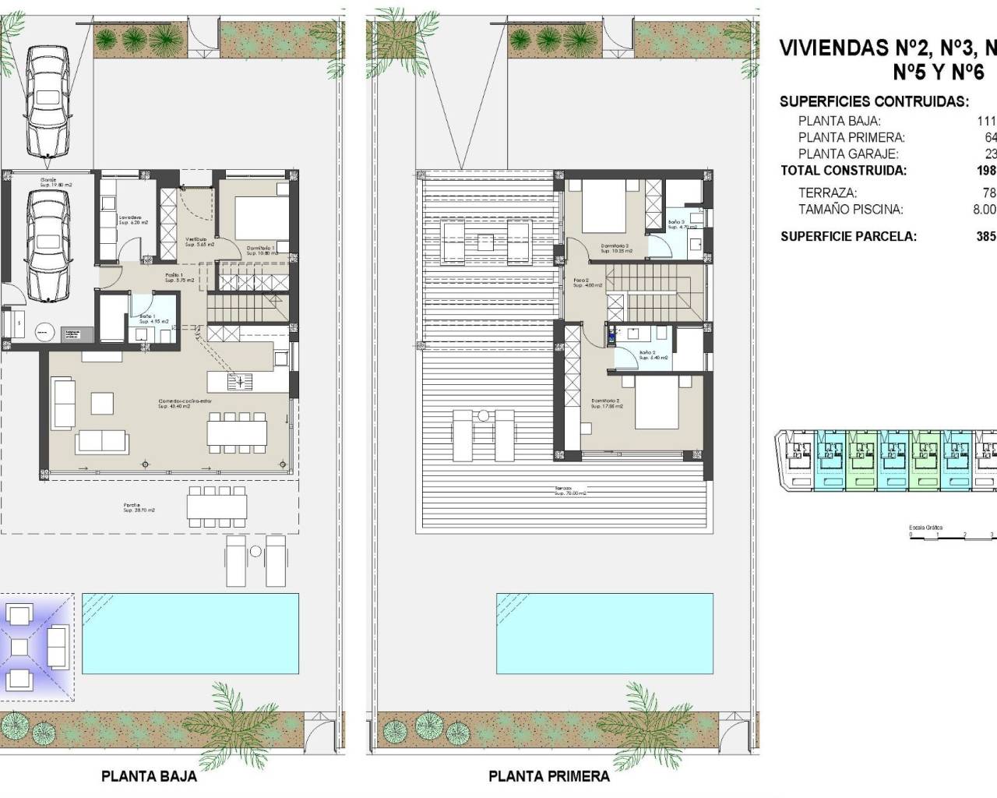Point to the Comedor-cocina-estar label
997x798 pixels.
pyautogui.click(x=185, y=404)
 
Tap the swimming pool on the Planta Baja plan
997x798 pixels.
pyautogui.click(x=190, y=633)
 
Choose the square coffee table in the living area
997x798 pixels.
pyautogui.click(x=102, y=403)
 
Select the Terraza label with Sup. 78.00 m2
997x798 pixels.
pyautogui.click(x=569, y=491)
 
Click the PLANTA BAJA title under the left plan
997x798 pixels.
pyautogui.click(x=149, y=776)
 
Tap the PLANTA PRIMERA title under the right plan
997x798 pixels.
pyautogui.click(x=548, y=776)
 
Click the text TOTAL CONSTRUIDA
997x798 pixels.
pyautogui.click(x=844, y=171)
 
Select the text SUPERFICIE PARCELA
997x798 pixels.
pyautogui.click(x=848, y=236)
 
